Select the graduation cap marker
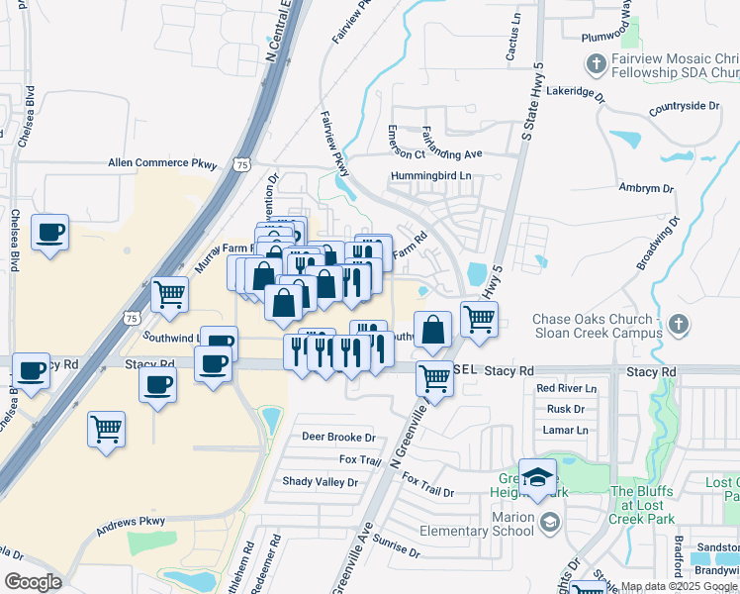pyautogui.click(x=537, y=479)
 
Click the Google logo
pyautogui.click(x=33, y=581)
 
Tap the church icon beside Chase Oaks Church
pyautogui.click(x=678, y=325)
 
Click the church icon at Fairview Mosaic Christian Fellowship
pyautogui.click(x=596, y=65)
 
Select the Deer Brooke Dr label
pyautogui.click(x=338, y=437)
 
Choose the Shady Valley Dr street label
pyautogui.click(x=320, y=482)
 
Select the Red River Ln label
pyautogui.click(x=567, y=388)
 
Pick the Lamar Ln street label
pyautogui.click(x=565, y=430)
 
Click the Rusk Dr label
pyautogui.click(x=567, y=409)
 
